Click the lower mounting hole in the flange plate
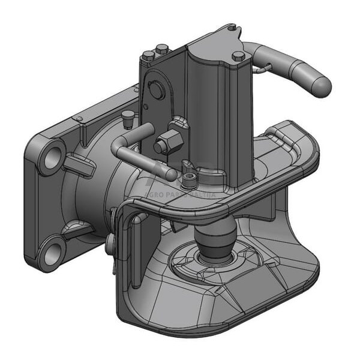(53, 252)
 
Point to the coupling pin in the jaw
(215, 238)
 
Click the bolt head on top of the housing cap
(238, 56)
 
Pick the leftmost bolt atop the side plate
(148, 56)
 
